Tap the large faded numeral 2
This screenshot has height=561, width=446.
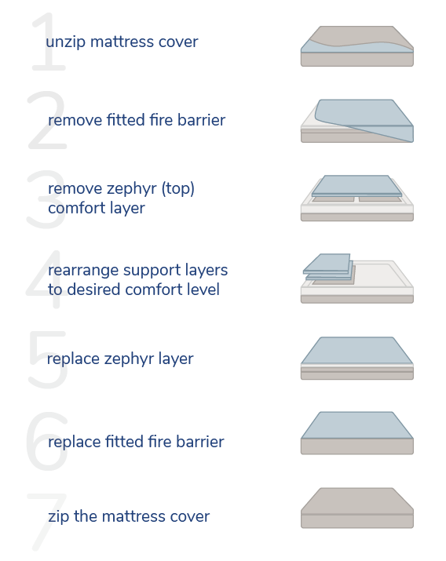point(47,120)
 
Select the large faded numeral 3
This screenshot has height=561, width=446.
point(46,199)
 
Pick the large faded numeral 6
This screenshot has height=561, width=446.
point(46,441)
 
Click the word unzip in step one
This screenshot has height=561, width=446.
point(66,42)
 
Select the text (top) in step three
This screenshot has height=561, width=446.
point(178,188)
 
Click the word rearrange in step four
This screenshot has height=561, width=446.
point(83,271)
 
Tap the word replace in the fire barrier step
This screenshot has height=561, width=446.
point(74,442)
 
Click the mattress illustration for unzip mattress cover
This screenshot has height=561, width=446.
point(356,46)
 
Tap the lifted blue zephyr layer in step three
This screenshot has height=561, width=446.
point(356,185)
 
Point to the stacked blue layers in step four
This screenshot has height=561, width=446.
point(328,267)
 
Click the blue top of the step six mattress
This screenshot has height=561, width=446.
point(356,425)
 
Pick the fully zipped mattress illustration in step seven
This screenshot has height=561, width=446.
point(356,508)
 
